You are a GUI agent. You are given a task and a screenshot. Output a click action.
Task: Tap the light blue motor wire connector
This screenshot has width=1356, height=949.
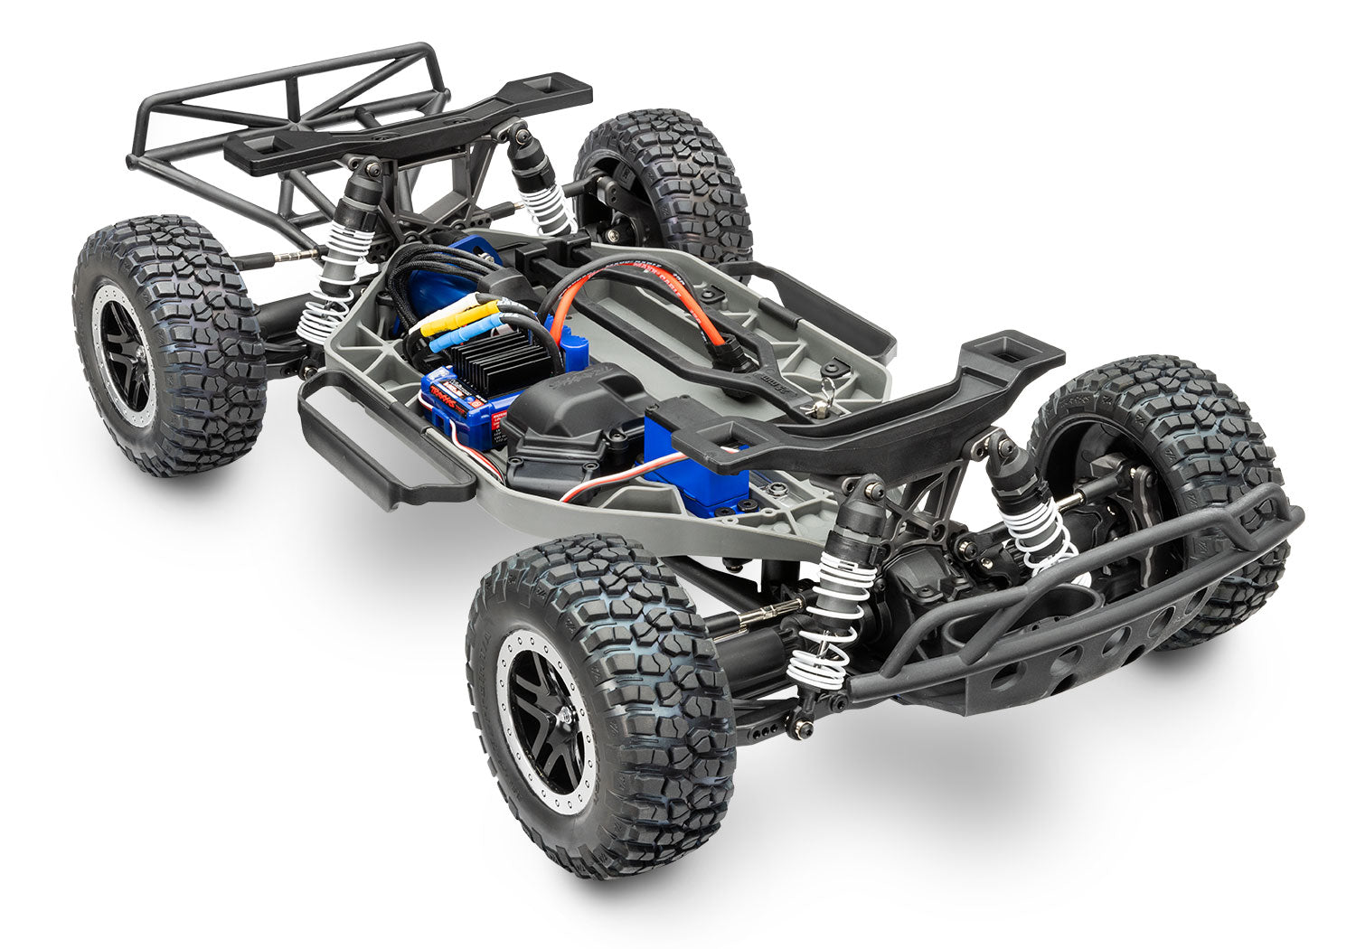point(452,337)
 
